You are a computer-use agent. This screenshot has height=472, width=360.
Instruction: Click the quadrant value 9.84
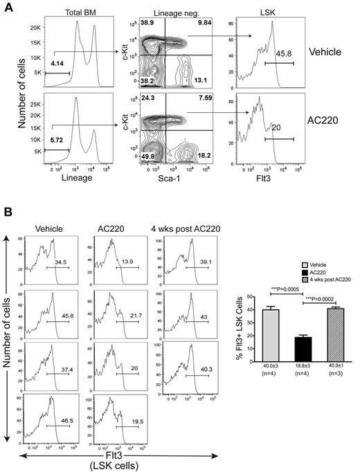coord(206,24)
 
